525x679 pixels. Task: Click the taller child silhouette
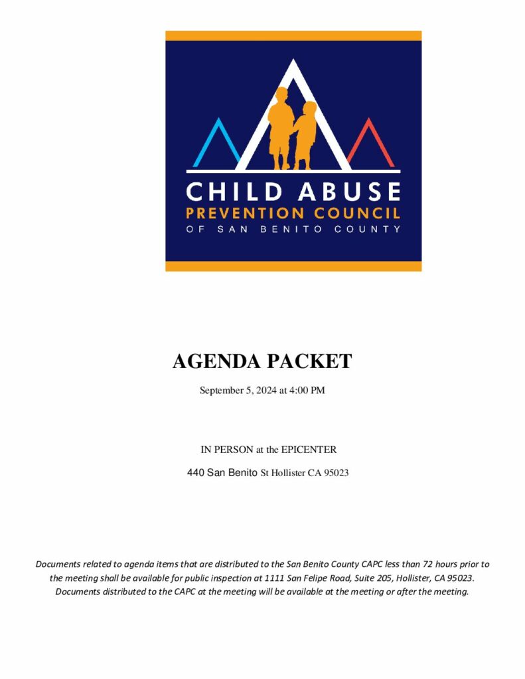coord(279,126)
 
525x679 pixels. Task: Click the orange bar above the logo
coord(293,36)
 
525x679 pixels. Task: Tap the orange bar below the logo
coord(293,266)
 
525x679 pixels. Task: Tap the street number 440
coord(196,473)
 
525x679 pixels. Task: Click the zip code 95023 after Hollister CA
coord(336,473)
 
